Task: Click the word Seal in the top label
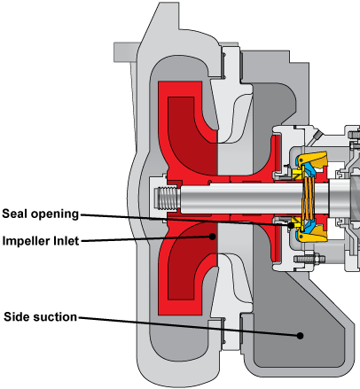15,214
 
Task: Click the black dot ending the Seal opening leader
291,226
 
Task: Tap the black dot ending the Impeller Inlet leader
212,237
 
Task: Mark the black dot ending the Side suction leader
300,336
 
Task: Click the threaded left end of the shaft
168,198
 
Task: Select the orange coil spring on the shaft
309,198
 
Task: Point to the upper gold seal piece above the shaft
313,161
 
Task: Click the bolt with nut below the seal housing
309,259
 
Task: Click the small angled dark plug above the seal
317,136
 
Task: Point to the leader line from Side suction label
189,326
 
